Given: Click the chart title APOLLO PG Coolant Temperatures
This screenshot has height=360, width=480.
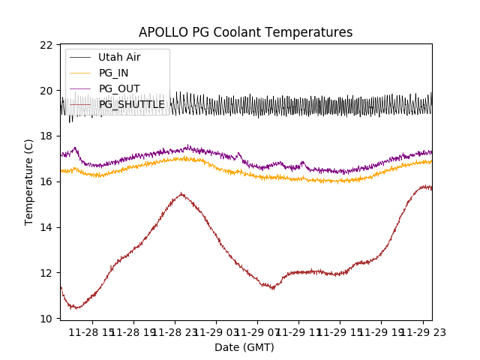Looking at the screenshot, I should (245, 32).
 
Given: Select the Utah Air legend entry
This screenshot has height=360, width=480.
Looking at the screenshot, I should (118, 57).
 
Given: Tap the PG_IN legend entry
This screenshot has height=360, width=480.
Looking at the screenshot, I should (113, 73).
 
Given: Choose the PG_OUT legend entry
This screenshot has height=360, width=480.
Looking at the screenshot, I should (118, 88).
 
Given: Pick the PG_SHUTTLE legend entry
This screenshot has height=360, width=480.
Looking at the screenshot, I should (131, 104).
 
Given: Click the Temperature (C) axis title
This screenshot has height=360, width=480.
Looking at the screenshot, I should (29, 182).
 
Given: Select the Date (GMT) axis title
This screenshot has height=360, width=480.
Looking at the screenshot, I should (244, 347).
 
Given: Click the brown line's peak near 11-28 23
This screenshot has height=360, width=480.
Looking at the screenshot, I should (181, 194).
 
